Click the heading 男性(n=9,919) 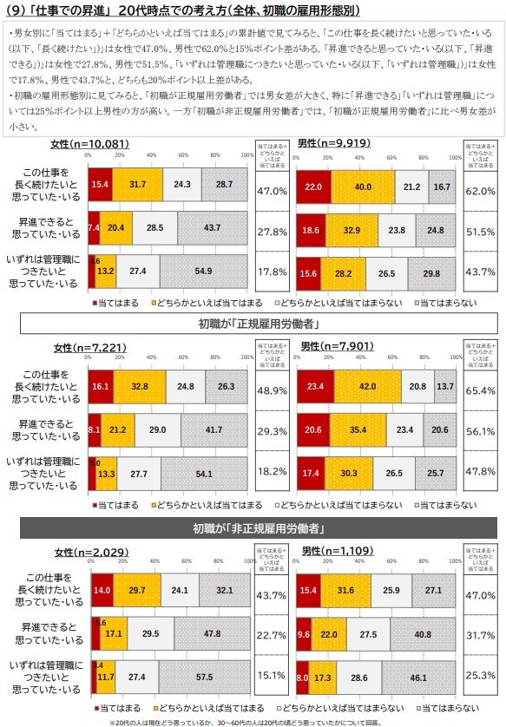tap(331, 142)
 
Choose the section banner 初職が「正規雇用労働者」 tap(253, 324)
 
